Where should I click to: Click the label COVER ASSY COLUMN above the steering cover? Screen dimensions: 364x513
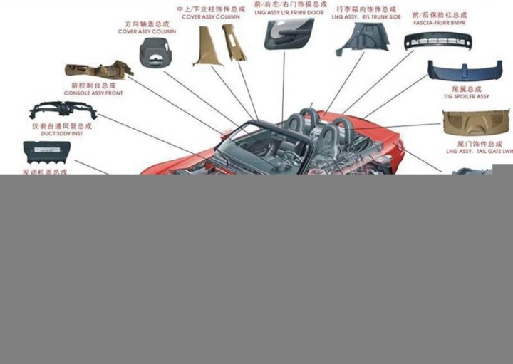[x=147, y=32]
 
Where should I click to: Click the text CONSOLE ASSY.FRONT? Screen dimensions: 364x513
[x=93, y=93]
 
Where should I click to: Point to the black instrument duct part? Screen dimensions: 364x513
[x=63, y=110]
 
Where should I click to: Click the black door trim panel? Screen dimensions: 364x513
[x=289, y=33]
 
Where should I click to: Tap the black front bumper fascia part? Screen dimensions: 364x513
[x=437, y=41]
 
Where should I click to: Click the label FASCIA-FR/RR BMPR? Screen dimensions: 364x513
[x=439, y=22]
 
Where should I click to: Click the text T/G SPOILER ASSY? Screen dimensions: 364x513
[x=466, y=97]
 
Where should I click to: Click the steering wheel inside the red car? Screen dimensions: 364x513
[x=292, y=157]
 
